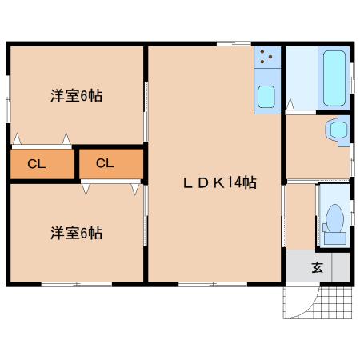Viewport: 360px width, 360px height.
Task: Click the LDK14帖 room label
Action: click(220, 183)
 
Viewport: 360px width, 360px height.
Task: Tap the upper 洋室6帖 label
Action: click(77, 96)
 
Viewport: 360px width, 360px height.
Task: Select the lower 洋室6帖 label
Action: click(77, 233)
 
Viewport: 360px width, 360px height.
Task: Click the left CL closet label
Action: click(37, 164)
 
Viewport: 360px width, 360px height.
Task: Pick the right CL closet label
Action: click(105, 163)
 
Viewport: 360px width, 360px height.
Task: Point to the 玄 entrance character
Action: click(318, 267)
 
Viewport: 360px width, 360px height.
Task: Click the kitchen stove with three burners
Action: click(267, 58)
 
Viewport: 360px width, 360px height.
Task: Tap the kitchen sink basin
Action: click(266, 97)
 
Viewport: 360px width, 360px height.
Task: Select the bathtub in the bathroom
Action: click(334, 78)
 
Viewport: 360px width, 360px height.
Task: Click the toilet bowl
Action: click(334, 218)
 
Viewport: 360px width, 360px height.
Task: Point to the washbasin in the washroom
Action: click(338, 130)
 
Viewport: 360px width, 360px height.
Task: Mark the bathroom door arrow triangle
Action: click(290, 104)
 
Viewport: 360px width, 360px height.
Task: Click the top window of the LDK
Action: click(234, 44)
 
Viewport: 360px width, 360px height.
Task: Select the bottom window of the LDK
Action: click(213, 285)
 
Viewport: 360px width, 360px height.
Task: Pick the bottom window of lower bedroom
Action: click(77, 285)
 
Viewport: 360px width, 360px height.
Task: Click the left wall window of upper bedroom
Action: click(8, 99)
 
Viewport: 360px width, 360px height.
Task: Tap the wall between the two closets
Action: click(77, 164)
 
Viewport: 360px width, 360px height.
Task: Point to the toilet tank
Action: click(335, 238)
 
